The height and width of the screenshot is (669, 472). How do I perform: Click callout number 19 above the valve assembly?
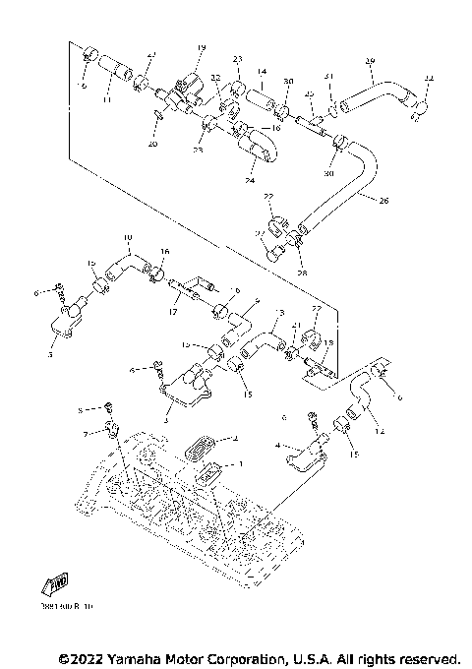point(201,48)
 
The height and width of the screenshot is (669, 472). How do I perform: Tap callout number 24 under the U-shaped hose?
point(250,181)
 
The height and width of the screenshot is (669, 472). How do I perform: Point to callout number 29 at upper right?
point(370,62)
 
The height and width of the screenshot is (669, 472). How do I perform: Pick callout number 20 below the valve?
point(152,144)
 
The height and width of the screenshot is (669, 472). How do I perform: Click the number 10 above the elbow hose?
point(127,238)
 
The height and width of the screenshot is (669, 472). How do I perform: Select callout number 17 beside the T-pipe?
point(173,312)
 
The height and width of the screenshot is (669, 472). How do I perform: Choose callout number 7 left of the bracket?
point(86,433)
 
